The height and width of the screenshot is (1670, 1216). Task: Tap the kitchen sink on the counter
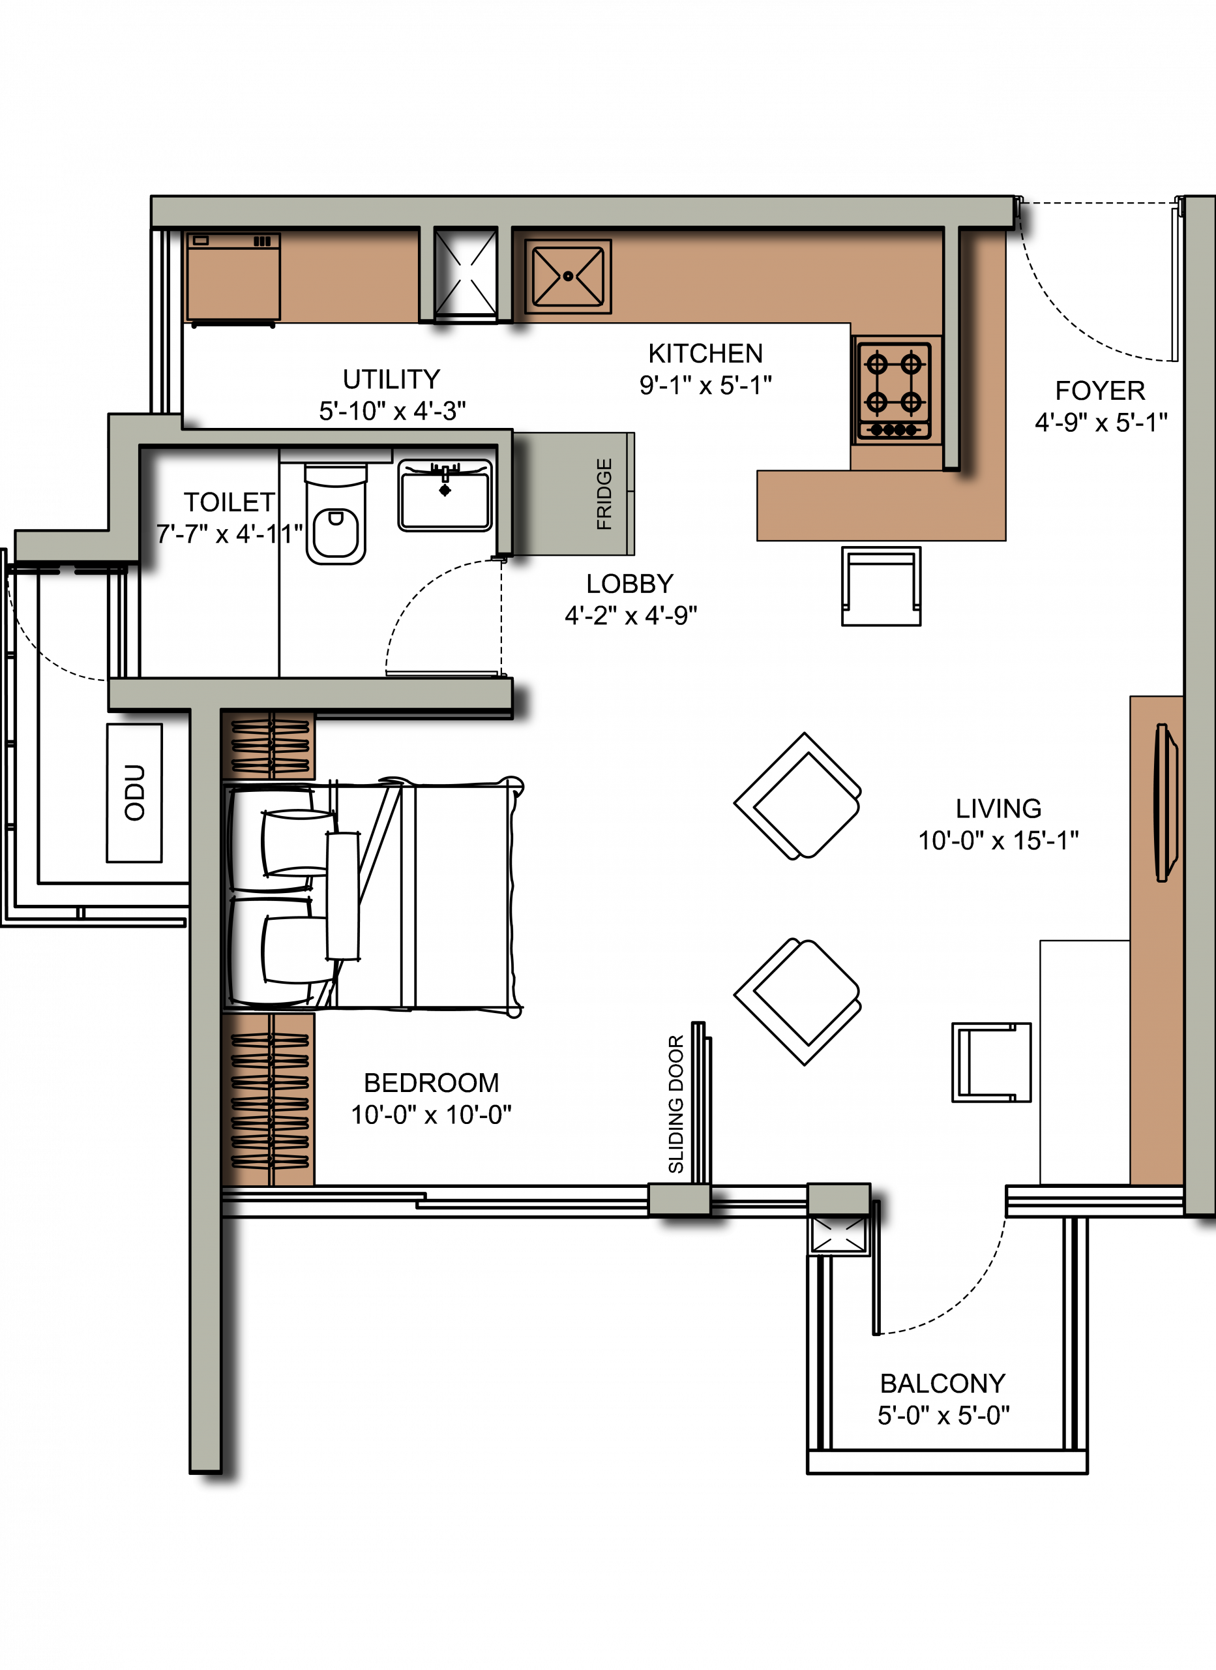point(567,276)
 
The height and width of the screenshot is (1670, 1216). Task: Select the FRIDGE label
point(604,494)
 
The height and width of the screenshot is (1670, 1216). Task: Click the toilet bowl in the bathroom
point(336,515)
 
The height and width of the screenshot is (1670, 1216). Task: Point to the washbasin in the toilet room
point(445,496)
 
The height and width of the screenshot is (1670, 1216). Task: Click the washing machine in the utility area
point(233,279)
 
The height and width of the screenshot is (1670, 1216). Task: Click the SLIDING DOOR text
point(675,1104)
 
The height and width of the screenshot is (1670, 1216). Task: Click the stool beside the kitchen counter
point(881,586)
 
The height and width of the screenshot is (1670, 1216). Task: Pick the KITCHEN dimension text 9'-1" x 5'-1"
point(705,385)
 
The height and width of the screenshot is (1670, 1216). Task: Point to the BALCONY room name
point(942,1384)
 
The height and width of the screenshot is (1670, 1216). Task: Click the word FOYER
point(1100,390)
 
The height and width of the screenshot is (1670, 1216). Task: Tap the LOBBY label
point(629,584)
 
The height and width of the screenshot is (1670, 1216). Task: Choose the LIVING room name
point(998,808)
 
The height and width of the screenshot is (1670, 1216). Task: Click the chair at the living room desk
point(992,1063)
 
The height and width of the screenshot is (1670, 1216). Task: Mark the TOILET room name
point(229,502)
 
